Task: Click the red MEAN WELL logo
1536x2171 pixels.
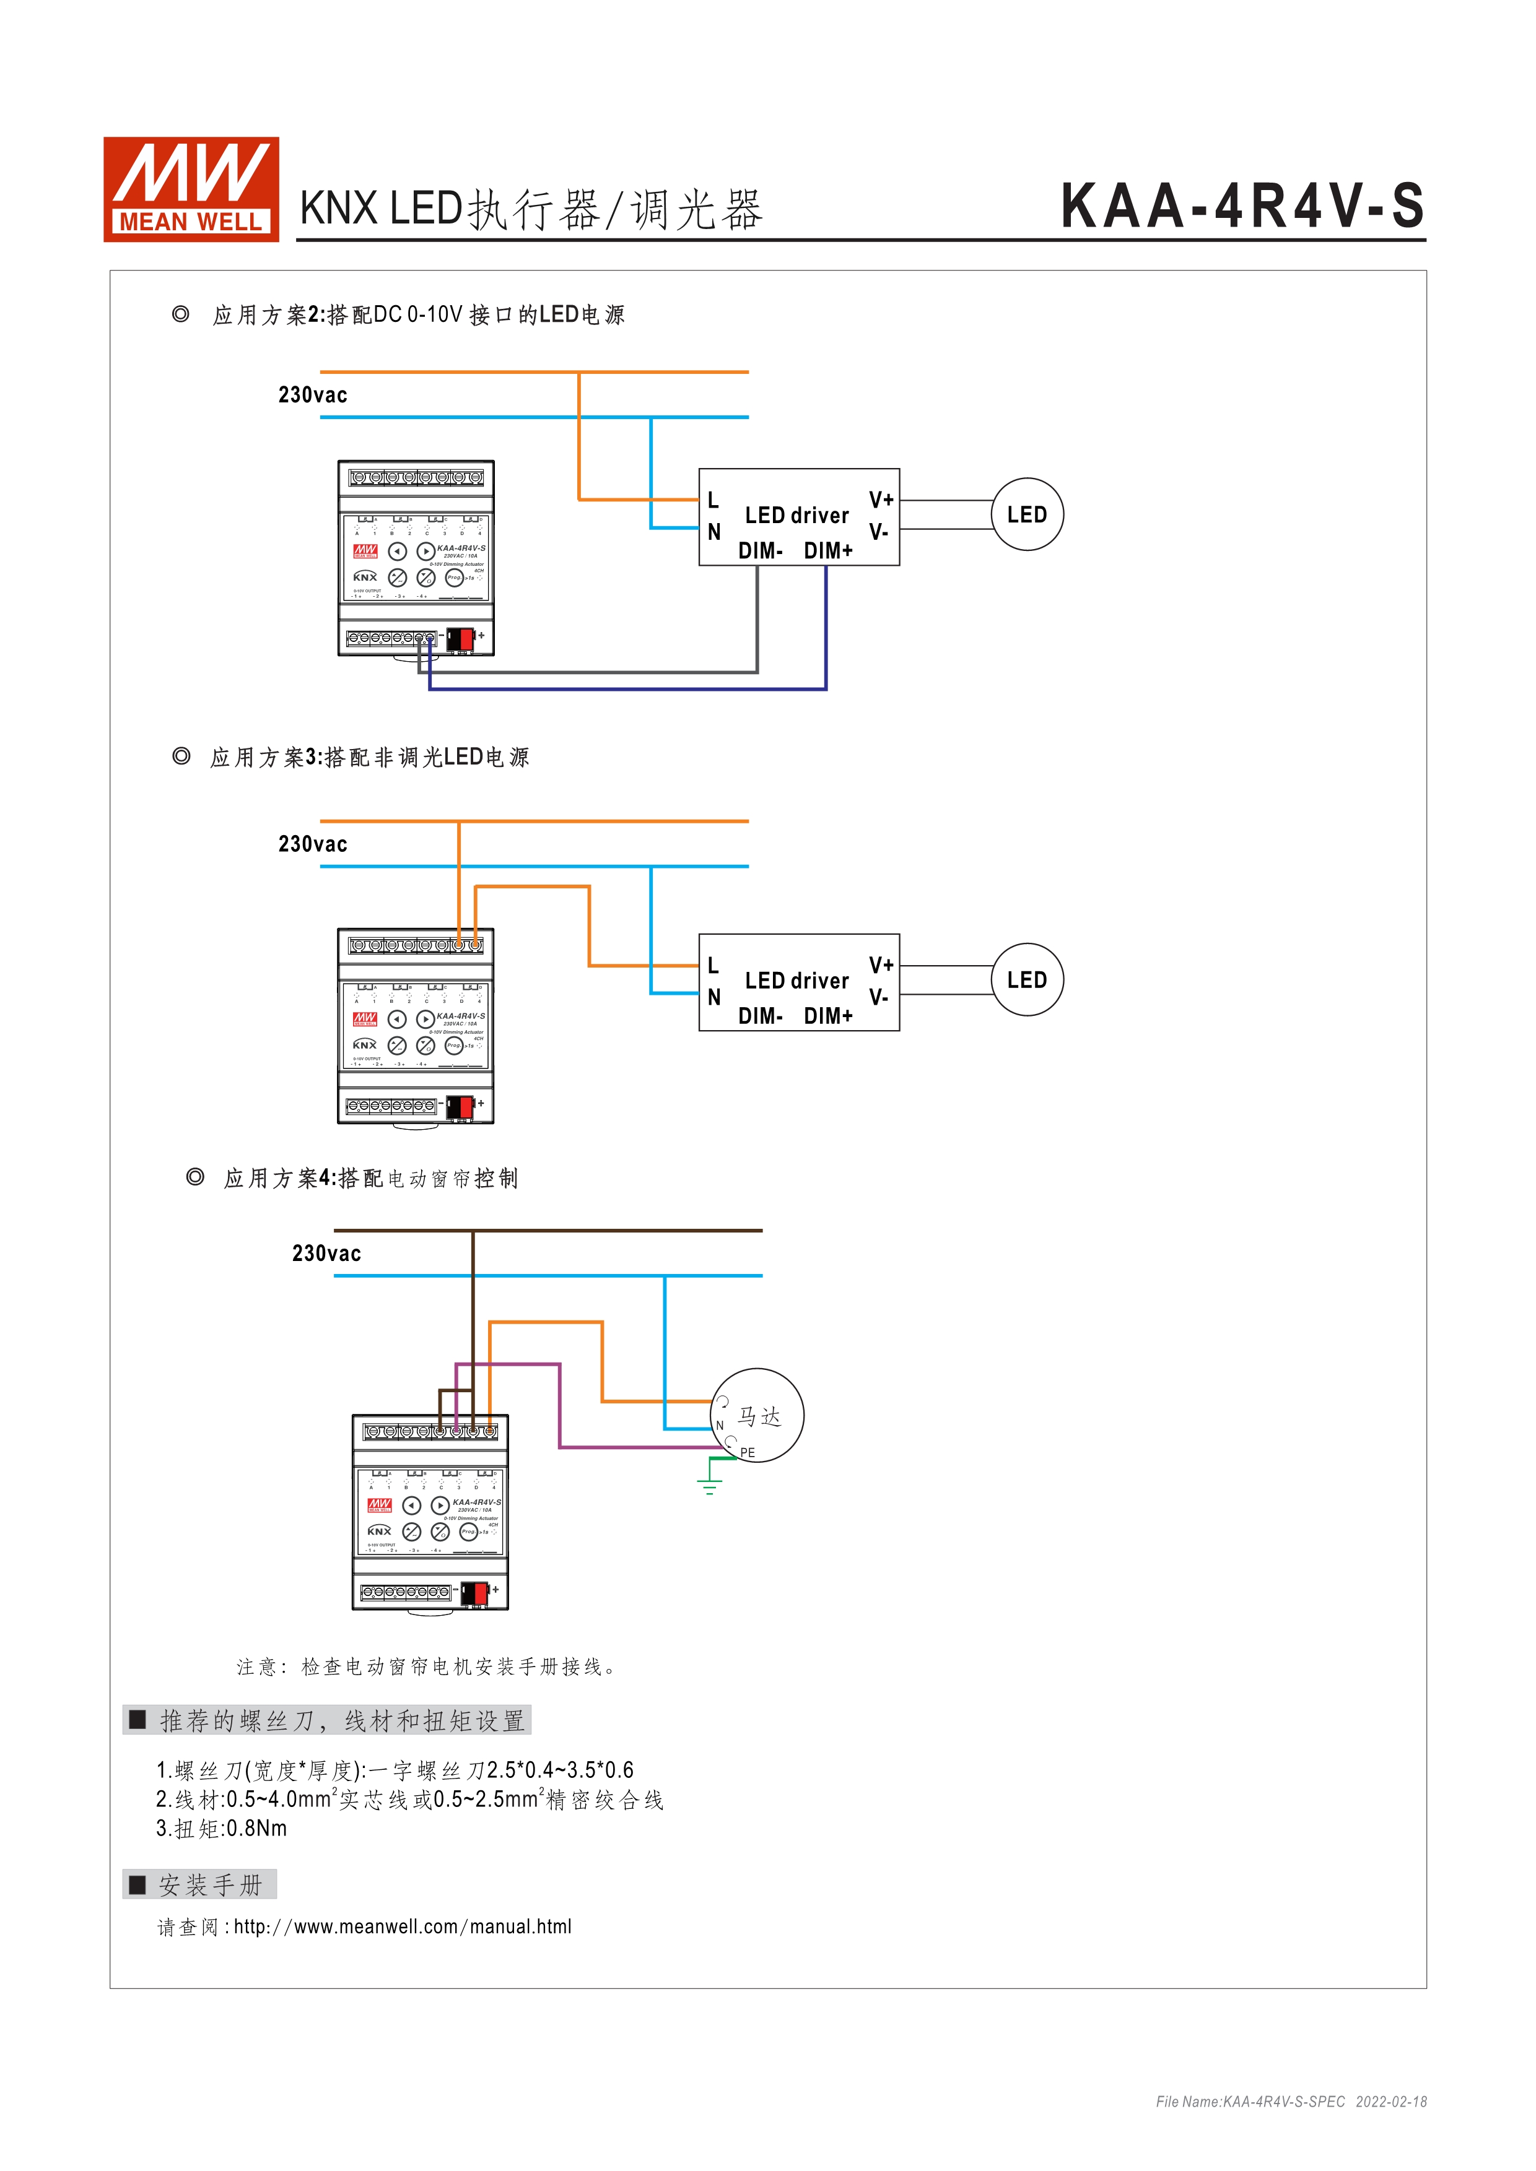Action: point(191,189)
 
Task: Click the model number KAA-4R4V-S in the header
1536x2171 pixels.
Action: point(1242,206)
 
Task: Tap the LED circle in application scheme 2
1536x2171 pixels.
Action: point(1027,514)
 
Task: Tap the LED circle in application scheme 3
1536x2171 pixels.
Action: point(1027,979)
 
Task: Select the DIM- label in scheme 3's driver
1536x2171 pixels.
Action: point(761,1015)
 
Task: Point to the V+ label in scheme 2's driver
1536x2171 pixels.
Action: point(881,499)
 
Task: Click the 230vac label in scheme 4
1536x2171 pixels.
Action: point(326,1254)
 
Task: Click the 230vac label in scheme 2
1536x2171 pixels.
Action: point(312,395)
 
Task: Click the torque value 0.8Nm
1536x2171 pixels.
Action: point(256,1829)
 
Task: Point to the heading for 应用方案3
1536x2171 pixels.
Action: point(369,757)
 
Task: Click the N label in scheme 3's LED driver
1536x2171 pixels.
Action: point(714,997)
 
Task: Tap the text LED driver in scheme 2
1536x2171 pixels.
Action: point(796,515)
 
